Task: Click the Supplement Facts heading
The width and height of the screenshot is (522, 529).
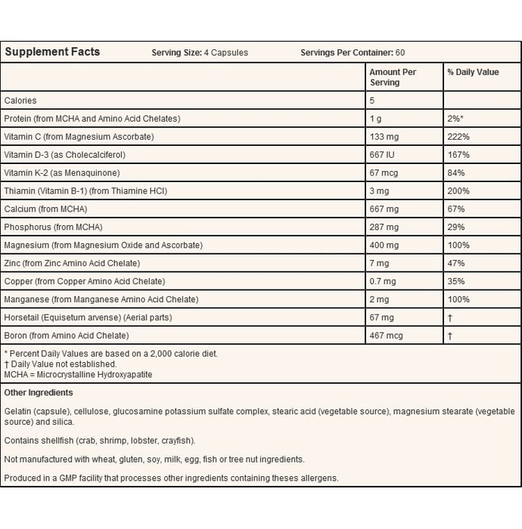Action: click(x=52, y=52)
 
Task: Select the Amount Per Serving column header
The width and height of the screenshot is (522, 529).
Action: click(x=393, y=77)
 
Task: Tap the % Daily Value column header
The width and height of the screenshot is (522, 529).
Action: click(x=473, y=73)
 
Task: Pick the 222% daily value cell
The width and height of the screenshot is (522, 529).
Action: click(x=458, y=137)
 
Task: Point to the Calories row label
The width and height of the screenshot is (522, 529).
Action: click(x=20, y=101)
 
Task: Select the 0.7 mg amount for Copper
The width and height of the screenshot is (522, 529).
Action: click(x=383, y=282)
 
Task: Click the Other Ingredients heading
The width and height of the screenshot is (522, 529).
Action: click(x=39, y=393)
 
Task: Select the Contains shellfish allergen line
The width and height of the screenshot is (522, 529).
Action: click(x=100, y=440)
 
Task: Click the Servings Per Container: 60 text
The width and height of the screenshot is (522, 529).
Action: click(x=353, y=53)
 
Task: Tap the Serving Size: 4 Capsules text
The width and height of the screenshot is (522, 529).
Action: click(x=200, y=53)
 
